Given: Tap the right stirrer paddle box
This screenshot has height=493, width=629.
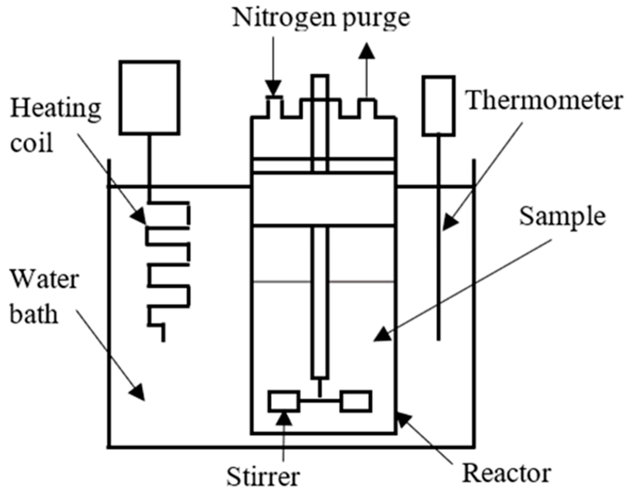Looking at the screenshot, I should pos(356,401).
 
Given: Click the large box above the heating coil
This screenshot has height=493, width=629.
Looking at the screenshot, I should pos(150,97).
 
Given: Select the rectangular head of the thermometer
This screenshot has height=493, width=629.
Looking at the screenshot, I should pos(438,106).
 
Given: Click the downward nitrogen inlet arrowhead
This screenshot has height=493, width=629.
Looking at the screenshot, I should pos(273,88).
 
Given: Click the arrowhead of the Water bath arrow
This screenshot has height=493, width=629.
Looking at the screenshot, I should pos(138,393).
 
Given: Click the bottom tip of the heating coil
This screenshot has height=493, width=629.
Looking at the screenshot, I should pos(164,340).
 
